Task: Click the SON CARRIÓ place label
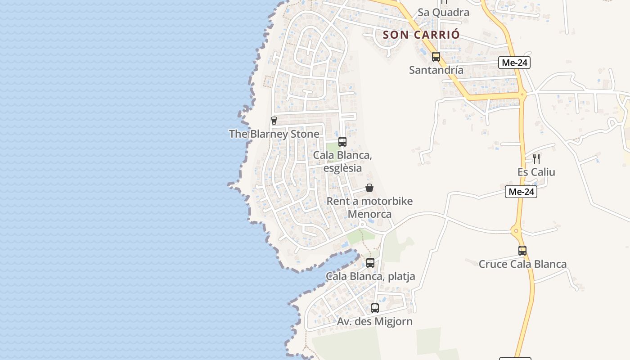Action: (x=421, y=35)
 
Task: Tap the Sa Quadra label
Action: (x=443, y=12)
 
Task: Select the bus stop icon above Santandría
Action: (x=436, y=57)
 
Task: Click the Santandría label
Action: (x=436, y=70)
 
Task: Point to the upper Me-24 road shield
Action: (x=514, y=63)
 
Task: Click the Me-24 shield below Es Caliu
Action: (x=521, y=192)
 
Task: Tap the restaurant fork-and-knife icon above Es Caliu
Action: (x=536, y=158)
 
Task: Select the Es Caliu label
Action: (x=536, y=172)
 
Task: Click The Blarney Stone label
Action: (x=274, y=134)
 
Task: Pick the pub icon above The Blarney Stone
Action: (x=274, y=121)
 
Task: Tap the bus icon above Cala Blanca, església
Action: (x=342, y=142)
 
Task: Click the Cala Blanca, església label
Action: (x=342, y=162)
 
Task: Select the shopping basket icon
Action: (x=369, y=188)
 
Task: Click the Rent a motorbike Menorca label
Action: (x=369, y=207)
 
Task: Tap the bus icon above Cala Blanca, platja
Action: (x=370, y=263)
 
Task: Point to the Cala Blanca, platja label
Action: (x=370, y=276)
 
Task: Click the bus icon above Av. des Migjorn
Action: (x=374, y=308)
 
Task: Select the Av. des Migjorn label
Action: (x=374, y=321)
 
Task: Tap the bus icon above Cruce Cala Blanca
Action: (x=522, y=251)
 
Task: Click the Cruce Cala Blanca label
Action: (x=522, y=264)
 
